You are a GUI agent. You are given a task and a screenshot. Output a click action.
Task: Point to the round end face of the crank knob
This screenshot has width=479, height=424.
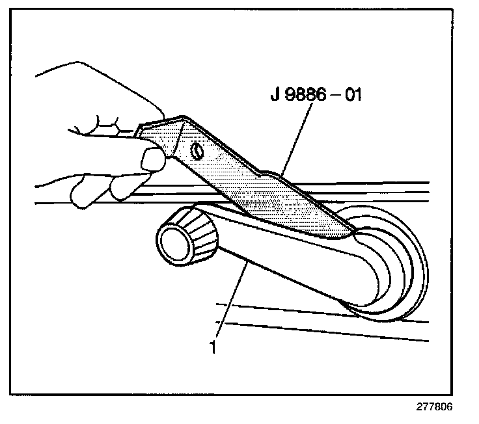coord(174,244)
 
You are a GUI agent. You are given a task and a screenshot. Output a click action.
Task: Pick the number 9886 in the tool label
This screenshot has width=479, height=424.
coord(305,96)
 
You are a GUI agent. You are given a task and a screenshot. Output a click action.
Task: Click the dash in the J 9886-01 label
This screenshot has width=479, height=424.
coord(334,96)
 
